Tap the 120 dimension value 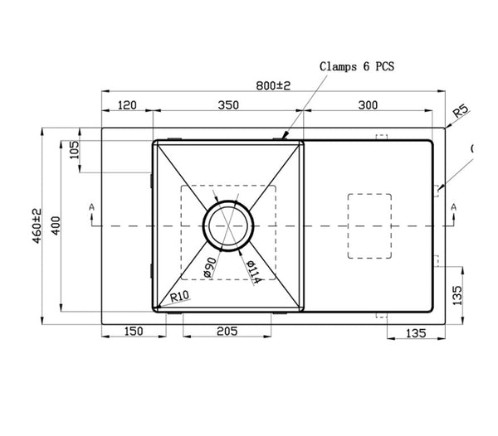tap(127, 105)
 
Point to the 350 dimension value tap(227, 105)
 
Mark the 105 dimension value tap(73, 150)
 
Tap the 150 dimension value tap(133, 331)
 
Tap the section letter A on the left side tap(92, 206)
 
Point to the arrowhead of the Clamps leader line tap(285, 136)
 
